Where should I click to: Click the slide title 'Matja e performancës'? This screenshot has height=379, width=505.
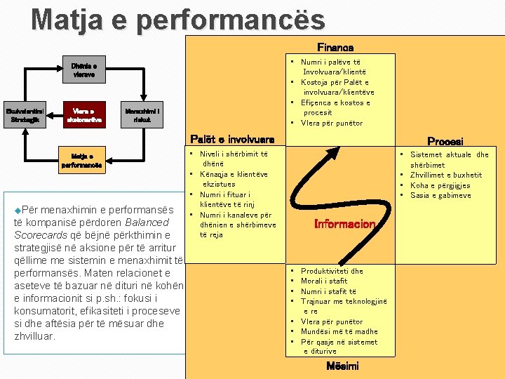[178, 19]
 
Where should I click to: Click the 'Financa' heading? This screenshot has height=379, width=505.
[335, 48]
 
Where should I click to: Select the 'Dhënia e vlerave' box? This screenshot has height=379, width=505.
[83, 67]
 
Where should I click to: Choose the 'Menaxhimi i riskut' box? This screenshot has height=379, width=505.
[142, 114]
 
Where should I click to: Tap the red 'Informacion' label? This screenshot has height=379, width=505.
[345, 225]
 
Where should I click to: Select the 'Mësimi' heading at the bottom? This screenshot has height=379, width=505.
[343, 366]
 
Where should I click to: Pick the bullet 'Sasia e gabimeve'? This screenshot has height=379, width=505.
[440, 195]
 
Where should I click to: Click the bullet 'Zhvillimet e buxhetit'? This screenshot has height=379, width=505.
[446, 175]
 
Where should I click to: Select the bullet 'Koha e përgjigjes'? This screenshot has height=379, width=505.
[440, 185]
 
